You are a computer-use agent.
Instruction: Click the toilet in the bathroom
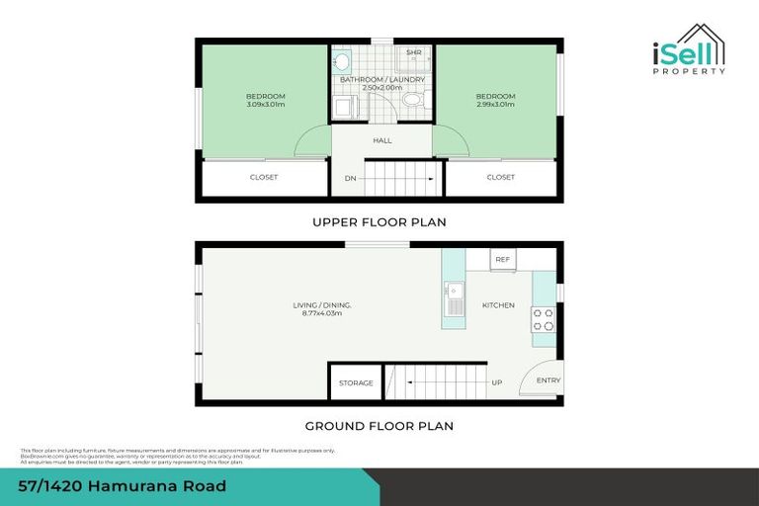point(412,101)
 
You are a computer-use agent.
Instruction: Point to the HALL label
point(382,140)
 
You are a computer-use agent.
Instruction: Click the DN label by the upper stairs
point(350,179)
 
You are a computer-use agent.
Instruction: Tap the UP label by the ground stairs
point(496,382)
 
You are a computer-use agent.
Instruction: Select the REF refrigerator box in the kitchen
point(502,260)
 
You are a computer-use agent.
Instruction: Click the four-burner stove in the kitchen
point(544,319)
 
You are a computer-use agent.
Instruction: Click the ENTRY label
point(548,380)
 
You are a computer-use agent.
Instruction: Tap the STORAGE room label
point(356,382)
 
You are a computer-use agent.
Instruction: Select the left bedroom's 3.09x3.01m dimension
point(265,103)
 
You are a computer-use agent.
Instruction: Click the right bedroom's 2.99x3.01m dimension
point(495,103)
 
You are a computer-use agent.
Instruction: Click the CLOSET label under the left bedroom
point(264,178)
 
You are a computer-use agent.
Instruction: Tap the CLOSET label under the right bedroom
point(501,178)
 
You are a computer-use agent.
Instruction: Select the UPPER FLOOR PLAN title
point(379,222)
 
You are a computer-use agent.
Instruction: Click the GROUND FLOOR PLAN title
point(379,426)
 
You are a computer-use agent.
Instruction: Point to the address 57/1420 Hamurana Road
point(123,486)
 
